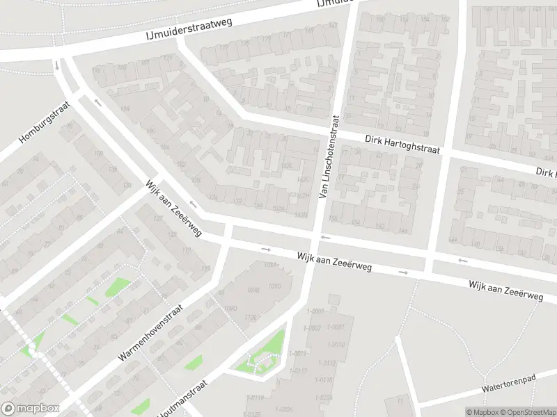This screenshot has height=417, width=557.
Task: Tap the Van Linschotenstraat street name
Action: pyautogui.click(x=328, y=157)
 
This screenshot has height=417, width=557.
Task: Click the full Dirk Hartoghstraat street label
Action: pyautogui.click(x=403, y=145)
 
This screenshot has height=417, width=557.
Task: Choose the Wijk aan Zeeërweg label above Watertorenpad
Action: pyautogui.click(x=505, y=291)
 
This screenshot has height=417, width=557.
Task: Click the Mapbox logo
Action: pyautogui.click(x=31, y=409)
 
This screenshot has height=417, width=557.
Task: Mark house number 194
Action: pyautogui.click(x=126, y=108)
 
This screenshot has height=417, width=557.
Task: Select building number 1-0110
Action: pyautogui.click(x=337, y=345)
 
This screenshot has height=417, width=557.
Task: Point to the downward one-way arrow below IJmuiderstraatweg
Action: pyautogui.click(x=56, y=66)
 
